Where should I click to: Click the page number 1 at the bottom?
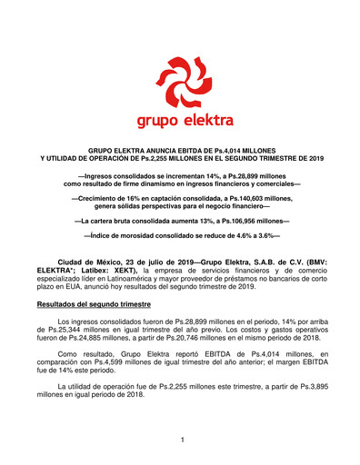pos(182,440)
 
